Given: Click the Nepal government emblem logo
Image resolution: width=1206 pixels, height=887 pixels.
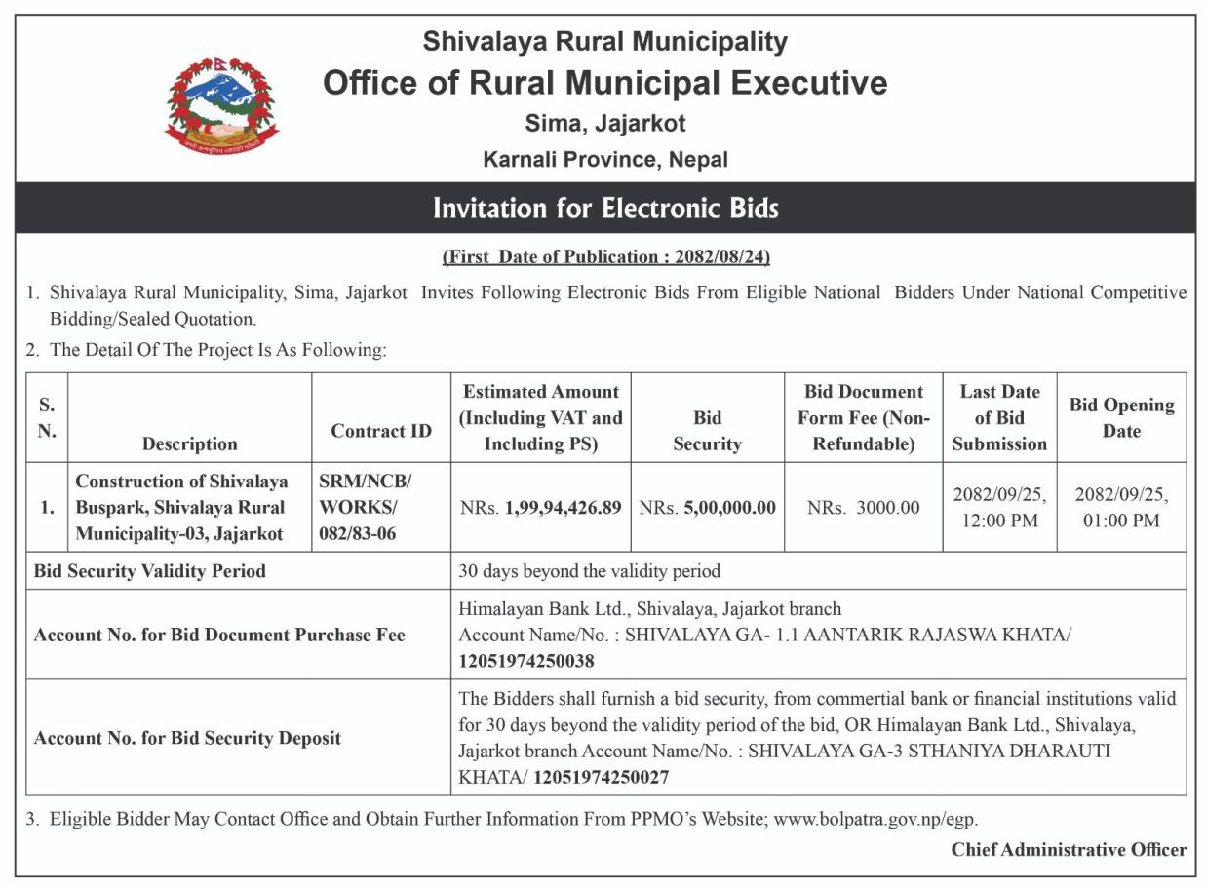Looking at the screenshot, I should [x=221, y=104].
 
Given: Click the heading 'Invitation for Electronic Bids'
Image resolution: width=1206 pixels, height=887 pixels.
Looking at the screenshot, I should [x=604, y=209].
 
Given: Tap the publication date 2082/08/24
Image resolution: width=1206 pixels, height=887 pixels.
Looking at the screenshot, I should [x=720, y=257].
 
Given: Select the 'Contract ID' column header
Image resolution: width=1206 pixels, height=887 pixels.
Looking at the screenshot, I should [x=381, y=431].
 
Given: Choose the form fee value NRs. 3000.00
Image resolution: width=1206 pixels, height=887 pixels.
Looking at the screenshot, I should [x=863, y=508].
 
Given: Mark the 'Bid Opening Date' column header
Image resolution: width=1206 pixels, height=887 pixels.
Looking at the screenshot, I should [x=1121, y=417].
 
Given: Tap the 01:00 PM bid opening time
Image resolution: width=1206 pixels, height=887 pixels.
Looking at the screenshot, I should [x=1121, y=521].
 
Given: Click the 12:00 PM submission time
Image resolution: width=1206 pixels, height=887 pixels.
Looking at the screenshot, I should [x=999, y=521].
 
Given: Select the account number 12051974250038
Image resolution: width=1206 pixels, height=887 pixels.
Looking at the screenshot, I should [x=526, y=661].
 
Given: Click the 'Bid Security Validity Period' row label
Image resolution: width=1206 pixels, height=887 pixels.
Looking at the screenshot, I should [x=149, y=571].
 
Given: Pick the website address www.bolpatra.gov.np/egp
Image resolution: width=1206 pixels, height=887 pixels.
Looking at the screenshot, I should [x=875, y=819].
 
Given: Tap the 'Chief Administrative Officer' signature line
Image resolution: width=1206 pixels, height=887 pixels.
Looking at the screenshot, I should [x=1069, y=849].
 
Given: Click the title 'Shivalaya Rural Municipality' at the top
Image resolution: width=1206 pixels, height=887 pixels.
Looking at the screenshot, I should [x=604, y=42].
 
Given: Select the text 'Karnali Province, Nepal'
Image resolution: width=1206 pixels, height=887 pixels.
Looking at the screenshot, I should [x=604, y=159].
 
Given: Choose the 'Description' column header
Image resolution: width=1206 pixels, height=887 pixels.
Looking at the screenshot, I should [x=190, y=443].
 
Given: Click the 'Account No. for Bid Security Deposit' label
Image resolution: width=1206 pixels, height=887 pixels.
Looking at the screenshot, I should [x=187, y=738].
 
